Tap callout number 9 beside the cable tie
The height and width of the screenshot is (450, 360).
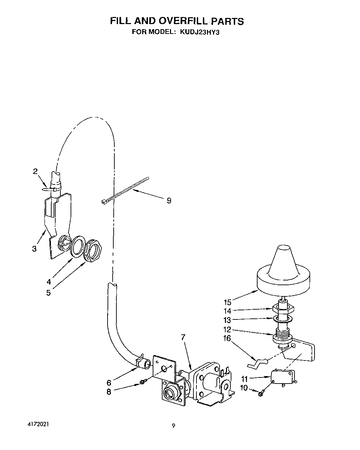click(169, 201)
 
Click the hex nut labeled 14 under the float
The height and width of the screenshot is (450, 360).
click(283, 309)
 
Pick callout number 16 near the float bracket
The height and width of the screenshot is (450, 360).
click(227, 338)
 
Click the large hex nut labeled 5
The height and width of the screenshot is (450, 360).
click(93, 251)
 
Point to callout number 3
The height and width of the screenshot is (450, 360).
click(34, 249)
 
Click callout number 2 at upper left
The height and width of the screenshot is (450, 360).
click(35, 171)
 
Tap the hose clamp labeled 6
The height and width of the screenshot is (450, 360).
click(140, 361)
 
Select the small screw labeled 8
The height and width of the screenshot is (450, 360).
click(143, 383)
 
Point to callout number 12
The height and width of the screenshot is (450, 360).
click(227, 329)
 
